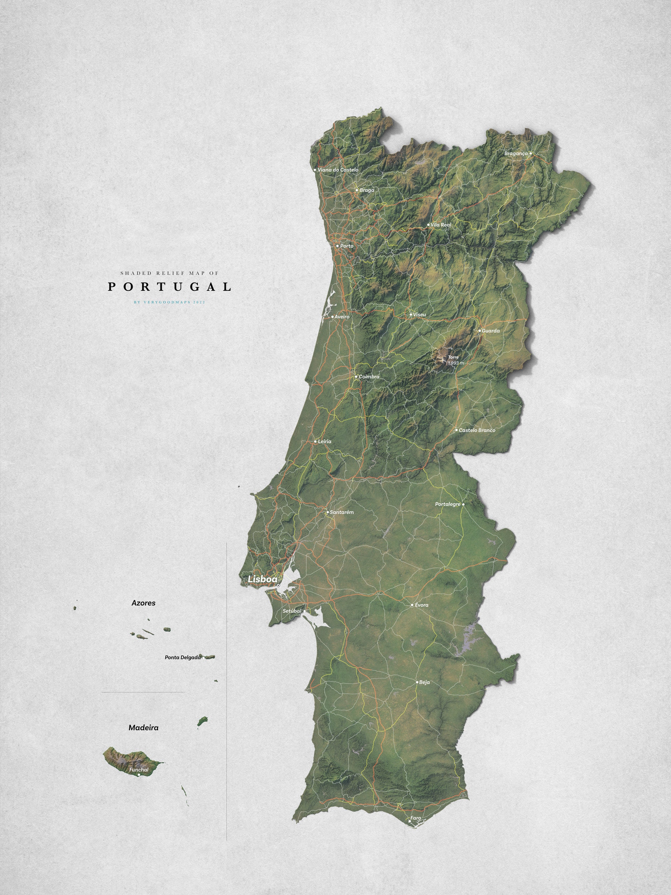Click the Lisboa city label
coord(262,579)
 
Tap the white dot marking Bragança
coord(531,153)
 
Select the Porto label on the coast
coord(347,246)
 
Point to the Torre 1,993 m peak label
coord(455,360)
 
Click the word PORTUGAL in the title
coord(169,287)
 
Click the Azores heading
coord(143,603)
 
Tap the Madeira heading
coord(143,728)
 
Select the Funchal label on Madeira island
coord(139,770)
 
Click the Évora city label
coord(421,605)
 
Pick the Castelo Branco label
coord(477,430)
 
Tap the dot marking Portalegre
coord(463,505)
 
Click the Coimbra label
coord(369,377)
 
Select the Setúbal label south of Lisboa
coord(292,611)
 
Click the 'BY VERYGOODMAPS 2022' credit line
coord(169,302)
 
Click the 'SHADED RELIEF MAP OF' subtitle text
coord(169,273)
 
